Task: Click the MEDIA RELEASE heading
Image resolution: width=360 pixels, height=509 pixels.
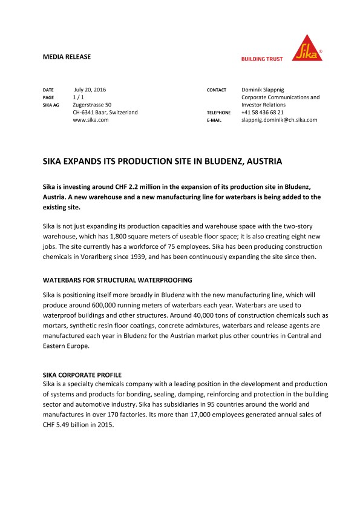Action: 67,57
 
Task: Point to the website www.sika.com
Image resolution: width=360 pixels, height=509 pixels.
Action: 90,120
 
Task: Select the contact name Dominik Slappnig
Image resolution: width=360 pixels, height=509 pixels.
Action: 266,90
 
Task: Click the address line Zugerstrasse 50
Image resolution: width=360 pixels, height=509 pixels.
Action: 92,105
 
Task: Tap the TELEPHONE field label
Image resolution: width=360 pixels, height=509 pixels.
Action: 218,113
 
